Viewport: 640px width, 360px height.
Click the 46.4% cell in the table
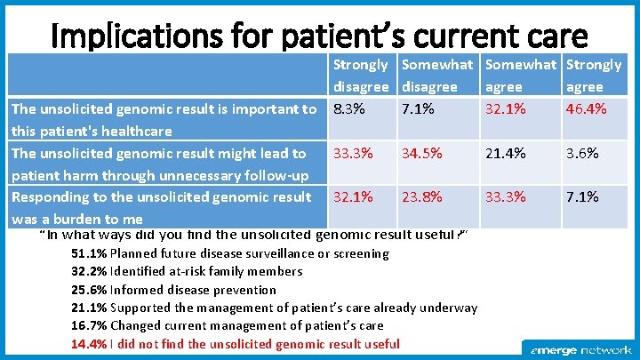[588, 109]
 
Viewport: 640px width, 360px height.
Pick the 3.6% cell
[582, 153]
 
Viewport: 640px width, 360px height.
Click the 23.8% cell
[421, 196]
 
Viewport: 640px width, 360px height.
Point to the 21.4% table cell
[504, 153]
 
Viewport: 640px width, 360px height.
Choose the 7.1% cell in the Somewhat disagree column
[418, 109]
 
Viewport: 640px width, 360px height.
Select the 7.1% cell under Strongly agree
[582, 196]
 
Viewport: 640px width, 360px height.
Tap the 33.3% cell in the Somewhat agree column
[504, 196]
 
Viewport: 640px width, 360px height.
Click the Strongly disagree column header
[361, 76]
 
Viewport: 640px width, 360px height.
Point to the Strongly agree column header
[594, 76]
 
